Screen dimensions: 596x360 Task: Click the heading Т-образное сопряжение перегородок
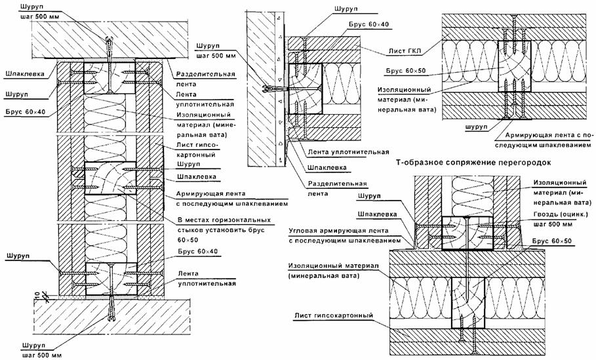click(x=473, y=163)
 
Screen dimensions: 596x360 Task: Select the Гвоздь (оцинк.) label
click(x=561, y=215)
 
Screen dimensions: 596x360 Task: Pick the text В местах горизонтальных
click(x=224, y=220)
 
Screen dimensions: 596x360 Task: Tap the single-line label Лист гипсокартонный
click(x=333, y=315)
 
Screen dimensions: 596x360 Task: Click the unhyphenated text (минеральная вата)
click(x=323, y=275)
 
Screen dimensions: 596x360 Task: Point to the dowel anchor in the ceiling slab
click(x=109, y=45)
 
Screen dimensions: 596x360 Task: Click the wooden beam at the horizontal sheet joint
click(x=110, y=178)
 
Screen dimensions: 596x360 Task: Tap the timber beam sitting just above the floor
click(x=111, y=279)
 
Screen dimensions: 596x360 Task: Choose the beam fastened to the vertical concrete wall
click(x=305, y=89)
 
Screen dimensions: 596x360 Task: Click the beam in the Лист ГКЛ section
click(x=515, y=66)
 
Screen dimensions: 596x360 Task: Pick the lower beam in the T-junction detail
click(x=468, y=302)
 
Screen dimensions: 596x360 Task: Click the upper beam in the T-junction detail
click(x=467, y=233)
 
